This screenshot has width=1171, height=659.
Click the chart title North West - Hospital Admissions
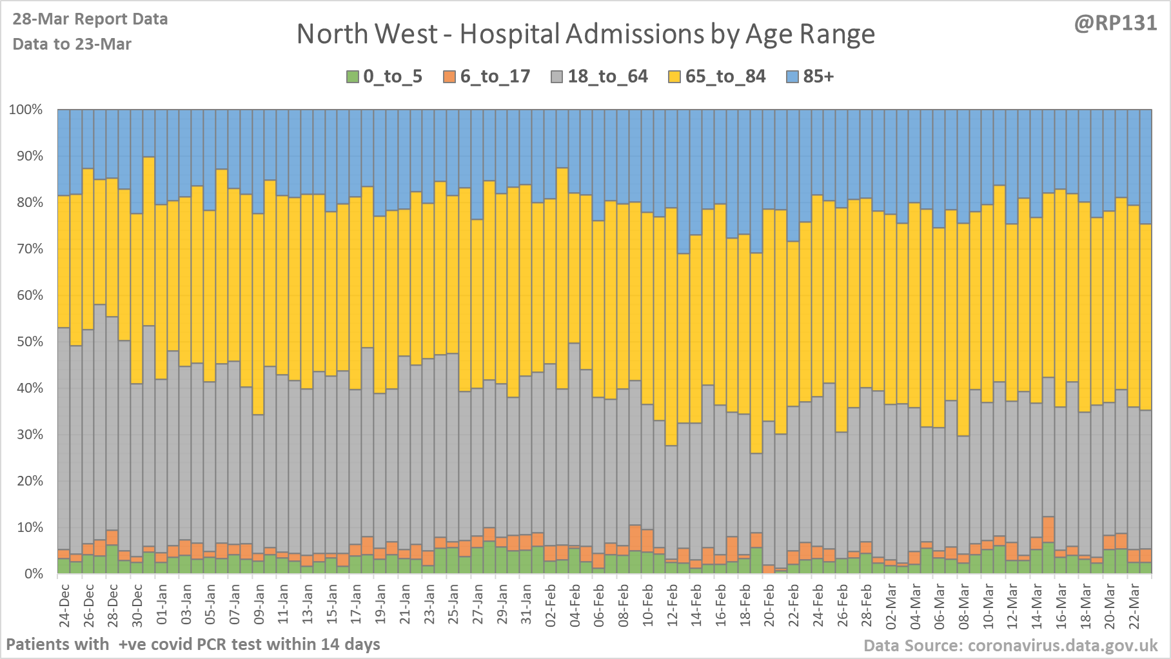[x=585, y=34]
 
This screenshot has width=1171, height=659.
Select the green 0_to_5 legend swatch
[x=352, y=77]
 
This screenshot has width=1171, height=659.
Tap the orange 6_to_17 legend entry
[x=487, y=77]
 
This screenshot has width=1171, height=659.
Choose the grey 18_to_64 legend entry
[x=599, y=77]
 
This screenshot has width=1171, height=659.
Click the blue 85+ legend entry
[x=811, y=77]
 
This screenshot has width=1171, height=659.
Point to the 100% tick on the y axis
[x=26, y=110]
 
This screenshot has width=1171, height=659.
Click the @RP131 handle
[x=1115, y=23]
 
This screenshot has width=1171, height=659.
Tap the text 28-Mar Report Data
[x=90, y=19]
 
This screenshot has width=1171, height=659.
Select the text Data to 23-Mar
[x=72, y=44]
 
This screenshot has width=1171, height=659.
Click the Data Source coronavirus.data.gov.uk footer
[x=1010, y=645]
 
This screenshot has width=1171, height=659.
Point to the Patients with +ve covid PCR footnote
[x=193, y=644]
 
